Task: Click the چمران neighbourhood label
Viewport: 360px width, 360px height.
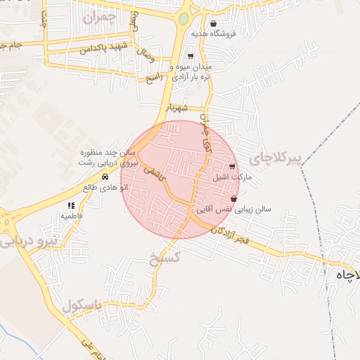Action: coord(99,17)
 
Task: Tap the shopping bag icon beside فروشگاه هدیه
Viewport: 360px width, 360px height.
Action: coord(213,23)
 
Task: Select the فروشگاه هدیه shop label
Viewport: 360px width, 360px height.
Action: coord(241,32)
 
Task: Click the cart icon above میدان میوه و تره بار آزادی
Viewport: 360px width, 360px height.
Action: coord(191,56)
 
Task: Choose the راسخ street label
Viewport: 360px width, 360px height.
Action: coord(154,75)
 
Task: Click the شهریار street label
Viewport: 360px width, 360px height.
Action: coord(176,109)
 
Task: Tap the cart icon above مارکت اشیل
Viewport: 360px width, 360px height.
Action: coord(233,167)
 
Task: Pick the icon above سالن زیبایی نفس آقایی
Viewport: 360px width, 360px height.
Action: coord(243,200)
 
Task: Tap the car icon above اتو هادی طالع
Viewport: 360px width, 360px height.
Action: coord(105,177)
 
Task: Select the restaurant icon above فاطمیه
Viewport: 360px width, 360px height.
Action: coord(71,205)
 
